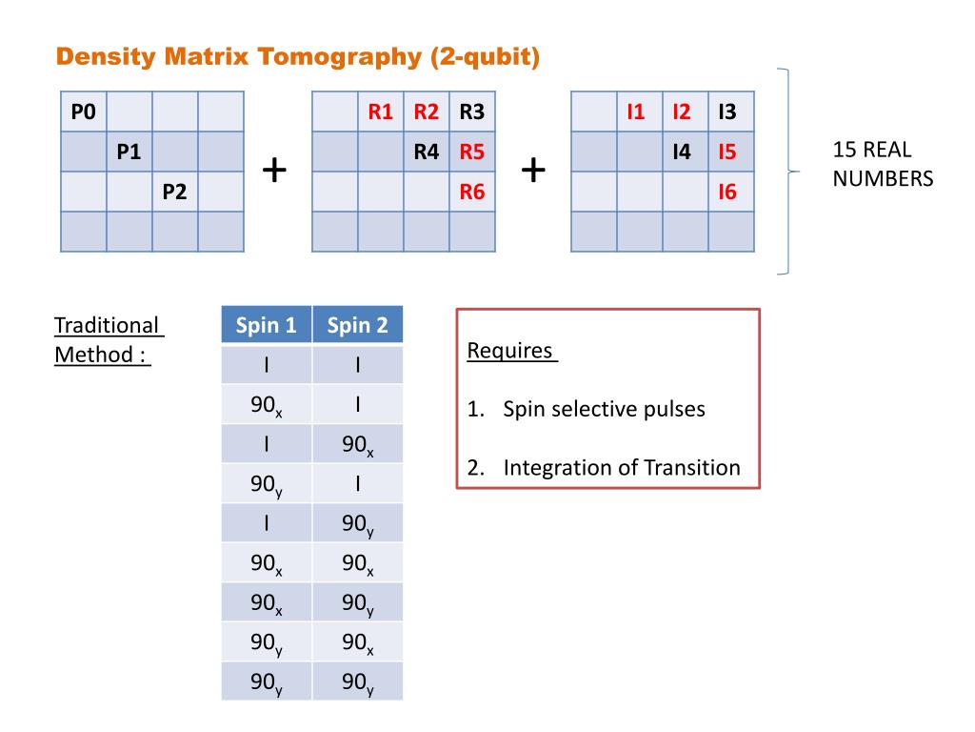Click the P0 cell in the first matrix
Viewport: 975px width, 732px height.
point(84,113)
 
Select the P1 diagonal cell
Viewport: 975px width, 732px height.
point(129,152)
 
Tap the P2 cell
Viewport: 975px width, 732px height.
point(174,193)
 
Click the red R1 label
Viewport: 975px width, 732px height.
point(381,113)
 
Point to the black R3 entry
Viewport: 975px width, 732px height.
point(472,113)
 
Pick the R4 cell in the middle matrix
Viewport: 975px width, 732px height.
point(427,152)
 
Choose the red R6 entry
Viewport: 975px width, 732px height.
point(472,193)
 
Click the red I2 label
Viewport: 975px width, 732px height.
point(682,113)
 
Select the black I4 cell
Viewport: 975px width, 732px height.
point(682,152)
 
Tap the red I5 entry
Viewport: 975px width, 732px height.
point(727,152)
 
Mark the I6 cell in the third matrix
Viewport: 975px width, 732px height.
point(727,193)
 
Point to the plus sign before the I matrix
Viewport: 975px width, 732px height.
point(534,171)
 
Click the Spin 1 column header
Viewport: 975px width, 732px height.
point(266,326)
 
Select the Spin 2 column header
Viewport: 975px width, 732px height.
point(357,326)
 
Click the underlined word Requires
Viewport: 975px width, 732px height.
point(509,351)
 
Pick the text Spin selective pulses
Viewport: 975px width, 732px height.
point(604,410)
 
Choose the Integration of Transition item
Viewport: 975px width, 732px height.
point(621,468)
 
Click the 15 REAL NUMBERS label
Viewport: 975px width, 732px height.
point(882,164)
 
